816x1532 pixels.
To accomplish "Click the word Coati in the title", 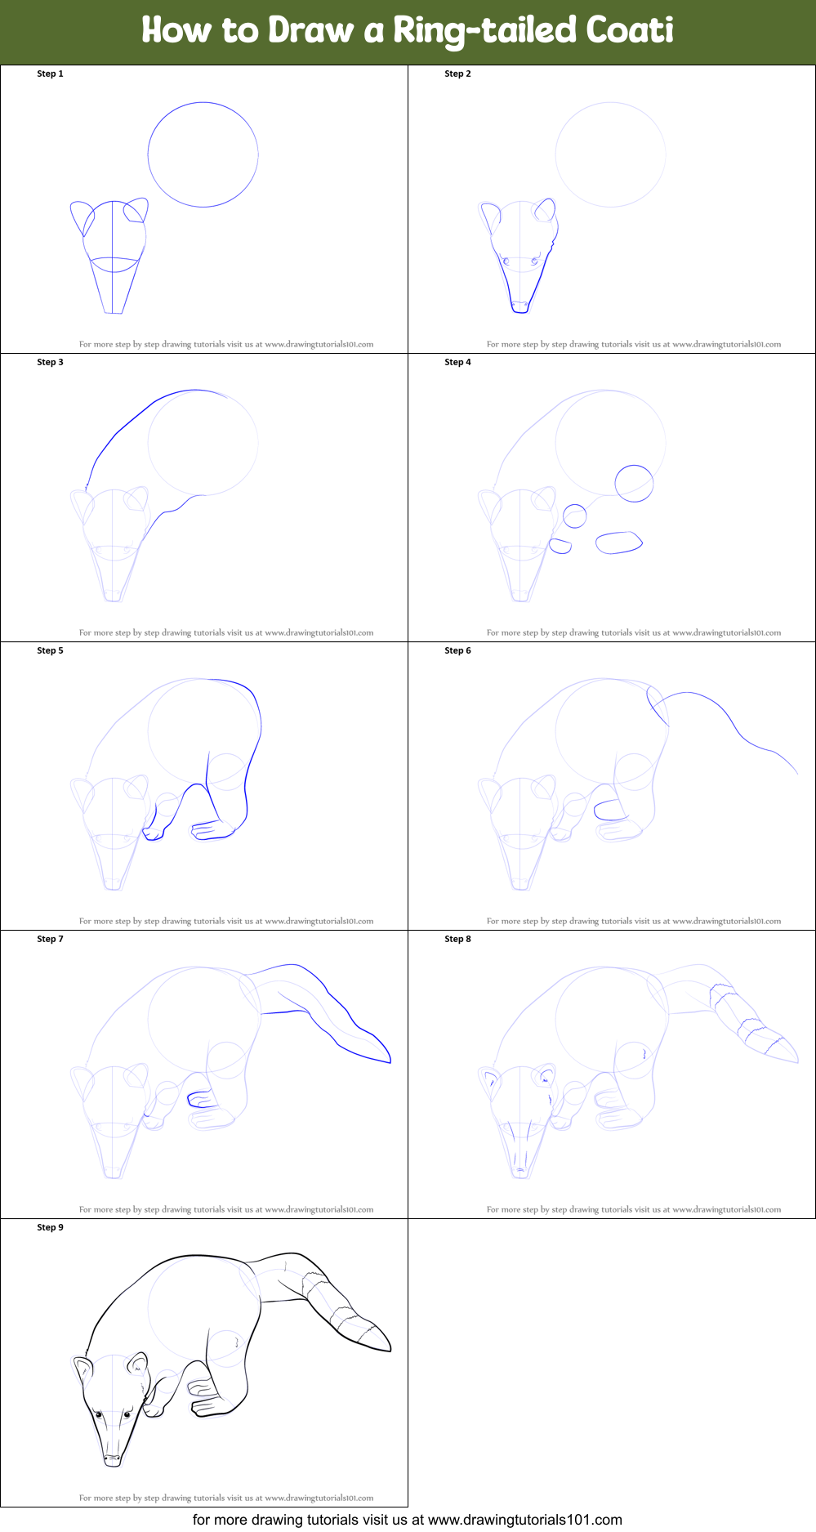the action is pos(629,30).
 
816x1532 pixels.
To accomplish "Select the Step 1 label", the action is pos(50,74).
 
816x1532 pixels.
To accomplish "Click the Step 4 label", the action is pos(457,362).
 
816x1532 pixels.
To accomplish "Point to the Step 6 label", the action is pos(457,650).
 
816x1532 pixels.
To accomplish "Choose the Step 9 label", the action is pos(50,1227).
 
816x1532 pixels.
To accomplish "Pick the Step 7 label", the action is pos(50,939).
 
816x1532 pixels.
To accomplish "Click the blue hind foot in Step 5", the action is pos(214,830).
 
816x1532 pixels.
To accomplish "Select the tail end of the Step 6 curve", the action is pos(798,774).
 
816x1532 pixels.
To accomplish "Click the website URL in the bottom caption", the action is pos(525,1520).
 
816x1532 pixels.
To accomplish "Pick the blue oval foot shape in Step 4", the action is pos(618,543).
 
